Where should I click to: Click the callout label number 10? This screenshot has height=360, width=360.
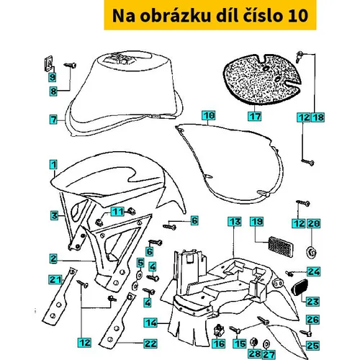pyautogui.click(x=209, y=116)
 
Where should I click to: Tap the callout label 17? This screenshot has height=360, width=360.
pyautogui.click(x=255, y=117)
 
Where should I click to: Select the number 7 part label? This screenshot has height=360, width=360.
pyautogui.click(x=53, y=120)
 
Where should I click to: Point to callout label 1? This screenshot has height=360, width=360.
pyautogui.click(x=53, y=165)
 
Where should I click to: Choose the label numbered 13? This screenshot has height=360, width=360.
pyautogui.click(x=235, y=222)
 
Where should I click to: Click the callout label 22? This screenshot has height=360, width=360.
pyautogui.click(x=150, y=343)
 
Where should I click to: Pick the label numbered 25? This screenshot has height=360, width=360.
pyautogui.click(x=312, y=346)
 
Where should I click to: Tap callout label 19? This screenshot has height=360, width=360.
pyautogui.click(x=256, y=222)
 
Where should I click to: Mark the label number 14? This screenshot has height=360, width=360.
pyautogui.click(x=150, y=323)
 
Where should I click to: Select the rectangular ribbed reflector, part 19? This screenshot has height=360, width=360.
pyautogui.click(x=281, y=247)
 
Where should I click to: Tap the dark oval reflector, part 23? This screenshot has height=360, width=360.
pyautogui.click(x=300, y=287)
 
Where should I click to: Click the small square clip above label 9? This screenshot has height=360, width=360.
pyautogui.click(x=49, y=64)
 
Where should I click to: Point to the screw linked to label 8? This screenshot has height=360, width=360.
pyautogui.click(x=70, y=65)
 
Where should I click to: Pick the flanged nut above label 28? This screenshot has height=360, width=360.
pyautogui.click(x=253, y=341)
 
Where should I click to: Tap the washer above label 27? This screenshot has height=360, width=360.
pyautogui.click(x=266, y=344)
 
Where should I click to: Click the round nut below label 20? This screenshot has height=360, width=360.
pyautogui.click(x=312, y=252)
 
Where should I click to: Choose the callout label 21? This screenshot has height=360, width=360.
pyautogui.click(x=55, y=280)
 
